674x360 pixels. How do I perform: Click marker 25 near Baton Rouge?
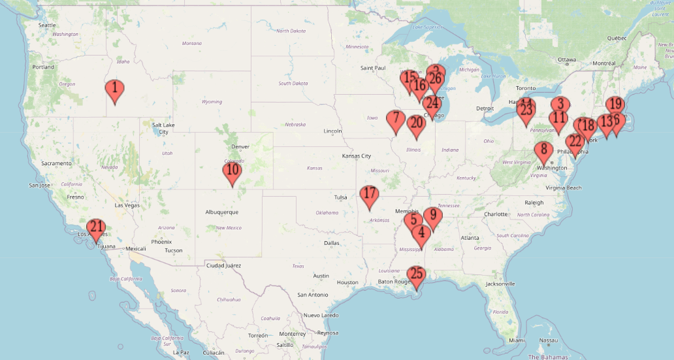coord(416,276)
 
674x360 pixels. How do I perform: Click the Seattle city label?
coord(47,25)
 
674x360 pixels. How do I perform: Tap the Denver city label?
coord(240,146)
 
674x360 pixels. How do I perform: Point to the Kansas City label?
coord(356,156)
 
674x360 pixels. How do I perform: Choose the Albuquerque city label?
coord(221,212)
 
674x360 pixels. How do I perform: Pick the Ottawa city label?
coord(566,59)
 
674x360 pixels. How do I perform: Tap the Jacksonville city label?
coord(500,284)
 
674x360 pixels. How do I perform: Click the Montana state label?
coord(191,43)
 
